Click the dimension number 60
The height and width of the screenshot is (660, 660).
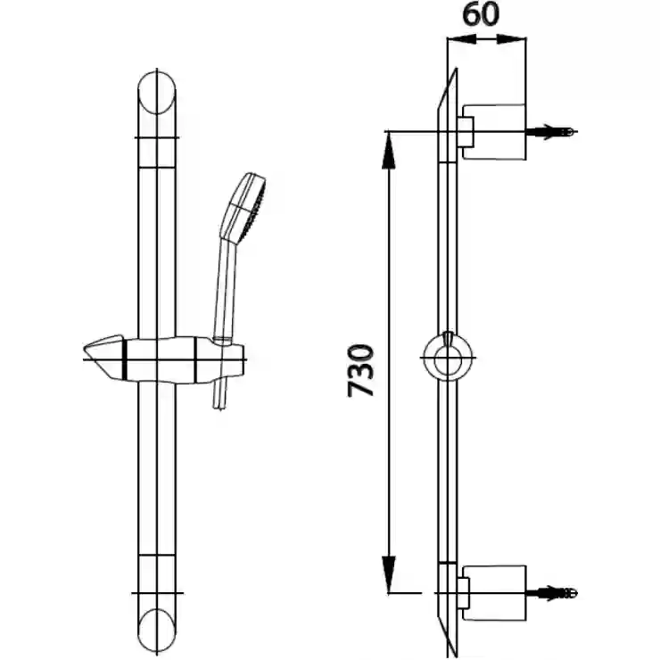tap(481, 15)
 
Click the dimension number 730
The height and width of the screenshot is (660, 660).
tap(360, 370)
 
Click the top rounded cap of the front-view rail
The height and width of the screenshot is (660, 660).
tap(157, 93)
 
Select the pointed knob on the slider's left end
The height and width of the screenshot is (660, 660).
tap(105, 356)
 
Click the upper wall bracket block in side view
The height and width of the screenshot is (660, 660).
tap(495, 132)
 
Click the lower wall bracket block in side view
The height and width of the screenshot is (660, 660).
tap(495, 593)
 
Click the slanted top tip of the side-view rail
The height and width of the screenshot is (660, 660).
tap(454, 70)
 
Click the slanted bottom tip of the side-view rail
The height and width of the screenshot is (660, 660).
tap(454, 653)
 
